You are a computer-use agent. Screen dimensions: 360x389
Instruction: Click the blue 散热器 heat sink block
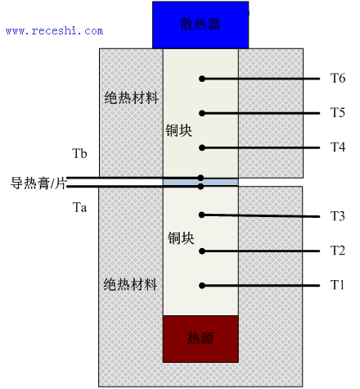[x=200, y=25]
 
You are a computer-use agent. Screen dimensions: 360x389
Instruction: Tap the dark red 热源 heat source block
[x=200, y=339]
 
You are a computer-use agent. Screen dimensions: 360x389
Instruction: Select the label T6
[x=338, y=79]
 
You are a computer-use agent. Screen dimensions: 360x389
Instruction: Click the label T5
[x=338, y=112]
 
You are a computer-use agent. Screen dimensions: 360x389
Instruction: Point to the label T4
[x=338, y=147]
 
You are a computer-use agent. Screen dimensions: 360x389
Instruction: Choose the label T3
[x=338, y=216]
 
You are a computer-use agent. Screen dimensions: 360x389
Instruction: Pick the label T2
[x=338, y=251]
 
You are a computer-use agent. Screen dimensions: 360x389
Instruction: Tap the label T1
[x=337, y=285]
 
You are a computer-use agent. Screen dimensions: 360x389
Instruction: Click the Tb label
[x=79, y=153]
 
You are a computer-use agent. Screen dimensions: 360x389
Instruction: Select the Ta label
[x=79, y=207]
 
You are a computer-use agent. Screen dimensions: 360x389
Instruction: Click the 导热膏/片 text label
[x=38, y=183]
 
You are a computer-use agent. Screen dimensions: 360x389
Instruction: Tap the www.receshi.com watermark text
[x=55, y=31]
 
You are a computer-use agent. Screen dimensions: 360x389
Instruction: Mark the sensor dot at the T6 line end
[x=202, y=79]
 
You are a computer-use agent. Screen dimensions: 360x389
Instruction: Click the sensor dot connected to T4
[x=202, y=147]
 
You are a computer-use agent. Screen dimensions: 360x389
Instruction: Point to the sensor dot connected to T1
[x=202, y=286]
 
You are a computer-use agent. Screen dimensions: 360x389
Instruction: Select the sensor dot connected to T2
[x=202, y=251]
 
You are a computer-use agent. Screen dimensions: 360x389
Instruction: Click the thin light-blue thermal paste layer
[x=200, y=182]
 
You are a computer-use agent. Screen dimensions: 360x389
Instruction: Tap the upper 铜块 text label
[x=179, y=130]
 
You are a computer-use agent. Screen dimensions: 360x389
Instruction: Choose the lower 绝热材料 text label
[x=130, y=285]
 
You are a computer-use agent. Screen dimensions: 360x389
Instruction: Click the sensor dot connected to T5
[x=202, y=113]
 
